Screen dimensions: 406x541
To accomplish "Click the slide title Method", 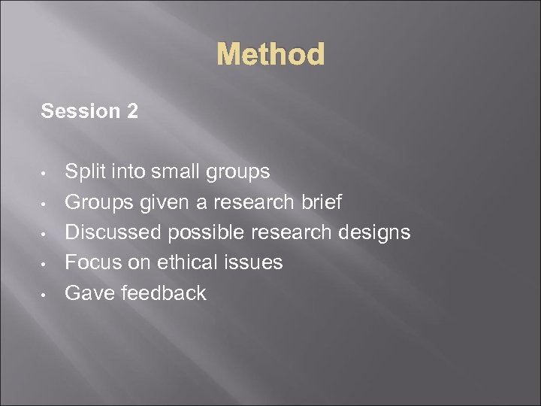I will click(x=270, y=55).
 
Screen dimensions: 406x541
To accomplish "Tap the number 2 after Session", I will click(x=132, y=112).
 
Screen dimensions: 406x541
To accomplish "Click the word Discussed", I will click(x=113, y=232).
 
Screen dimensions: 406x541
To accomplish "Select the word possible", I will click(x=205, y=233).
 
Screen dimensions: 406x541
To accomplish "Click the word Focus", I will click(x=90, y=262).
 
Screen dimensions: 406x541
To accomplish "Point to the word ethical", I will click(x=181, y=262).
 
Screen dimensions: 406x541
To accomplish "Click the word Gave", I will click(x=86, y=292).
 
